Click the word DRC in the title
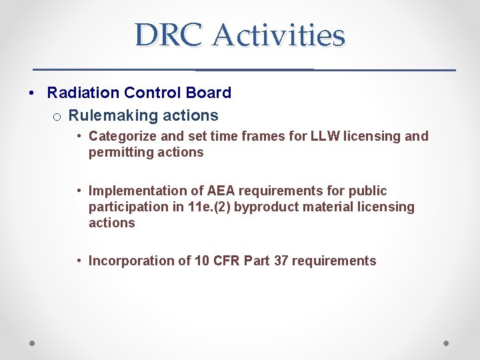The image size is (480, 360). pyautogui.click(x=167, y=35)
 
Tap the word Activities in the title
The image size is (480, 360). pyautogui.click(x=279, y=35)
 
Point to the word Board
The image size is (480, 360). pyautogui.click(x=209, y=93)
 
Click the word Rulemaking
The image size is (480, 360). pyautogui.click(x=110, y=115)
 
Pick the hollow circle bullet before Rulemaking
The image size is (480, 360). pyautogui.click(x=57, y=117)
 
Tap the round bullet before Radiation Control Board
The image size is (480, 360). pyautogui.click(x=33, y=93)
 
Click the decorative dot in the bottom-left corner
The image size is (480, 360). pyautogui.click(x=33, y=343)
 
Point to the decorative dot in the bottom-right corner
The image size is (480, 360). pyautogui.click(x=447, y=343)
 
